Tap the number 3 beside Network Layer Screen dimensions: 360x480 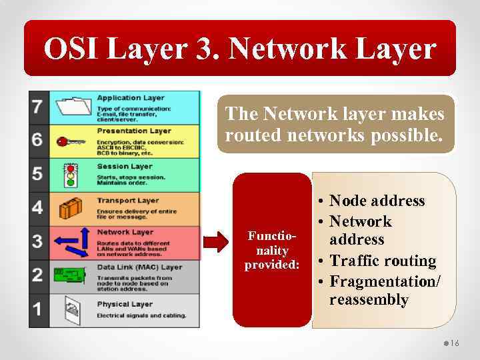click(38, 241)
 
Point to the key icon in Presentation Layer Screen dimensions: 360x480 click(71, 141)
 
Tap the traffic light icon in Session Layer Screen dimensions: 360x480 click(70, 175)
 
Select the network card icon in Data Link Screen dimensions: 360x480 click(70, 275)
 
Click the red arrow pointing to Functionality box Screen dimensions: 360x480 click(215, 242)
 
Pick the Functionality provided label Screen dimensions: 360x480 click(272, 251)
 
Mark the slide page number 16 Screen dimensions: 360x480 click(455, 343)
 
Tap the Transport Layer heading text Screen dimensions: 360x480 click(127, 200)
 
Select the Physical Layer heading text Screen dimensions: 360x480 click(125, 305)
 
